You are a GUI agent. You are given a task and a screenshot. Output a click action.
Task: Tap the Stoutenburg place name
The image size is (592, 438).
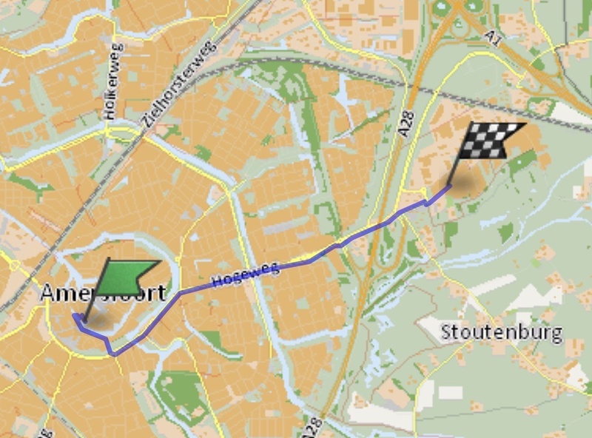(x=501, y=332)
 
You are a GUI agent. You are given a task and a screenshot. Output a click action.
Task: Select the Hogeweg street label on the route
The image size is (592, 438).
(x=246, y=274)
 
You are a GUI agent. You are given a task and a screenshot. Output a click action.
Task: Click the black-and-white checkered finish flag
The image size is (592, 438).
(x=488, y=140)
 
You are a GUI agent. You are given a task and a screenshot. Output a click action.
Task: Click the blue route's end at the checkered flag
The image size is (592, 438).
(x=450, y=186)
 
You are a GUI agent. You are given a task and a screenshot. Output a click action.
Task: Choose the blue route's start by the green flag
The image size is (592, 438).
(x=75, y=317)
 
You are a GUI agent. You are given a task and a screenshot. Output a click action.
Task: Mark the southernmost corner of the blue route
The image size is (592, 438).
(x=114, y=354)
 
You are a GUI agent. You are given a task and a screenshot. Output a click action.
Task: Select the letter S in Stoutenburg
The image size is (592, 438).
(x=447, y=332)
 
